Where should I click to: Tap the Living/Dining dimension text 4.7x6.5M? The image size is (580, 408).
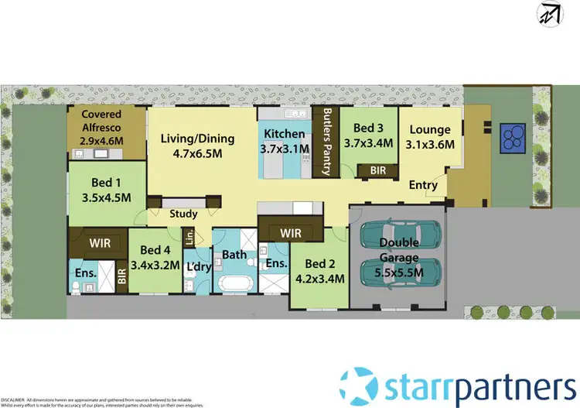pyautogui.click(x=196, y=153)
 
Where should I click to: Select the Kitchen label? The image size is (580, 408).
pyautogui.click(x=282, y=131)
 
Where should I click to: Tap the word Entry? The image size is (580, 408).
pyautogui.click(x=424, y=185)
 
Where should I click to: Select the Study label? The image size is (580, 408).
pyautogui.click(x=183, y=214)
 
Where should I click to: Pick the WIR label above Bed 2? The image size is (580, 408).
pyautogui.click(x=290, y=231)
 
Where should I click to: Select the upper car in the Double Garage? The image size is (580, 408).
pyautogui.click(x=400, y=235)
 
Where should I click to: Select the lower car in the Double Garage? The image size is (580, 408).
pyautogui.click(x=400, y=272)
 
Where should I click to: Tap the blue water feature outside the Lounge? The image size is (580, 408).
pyautogui.click(x=512, y=139)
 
